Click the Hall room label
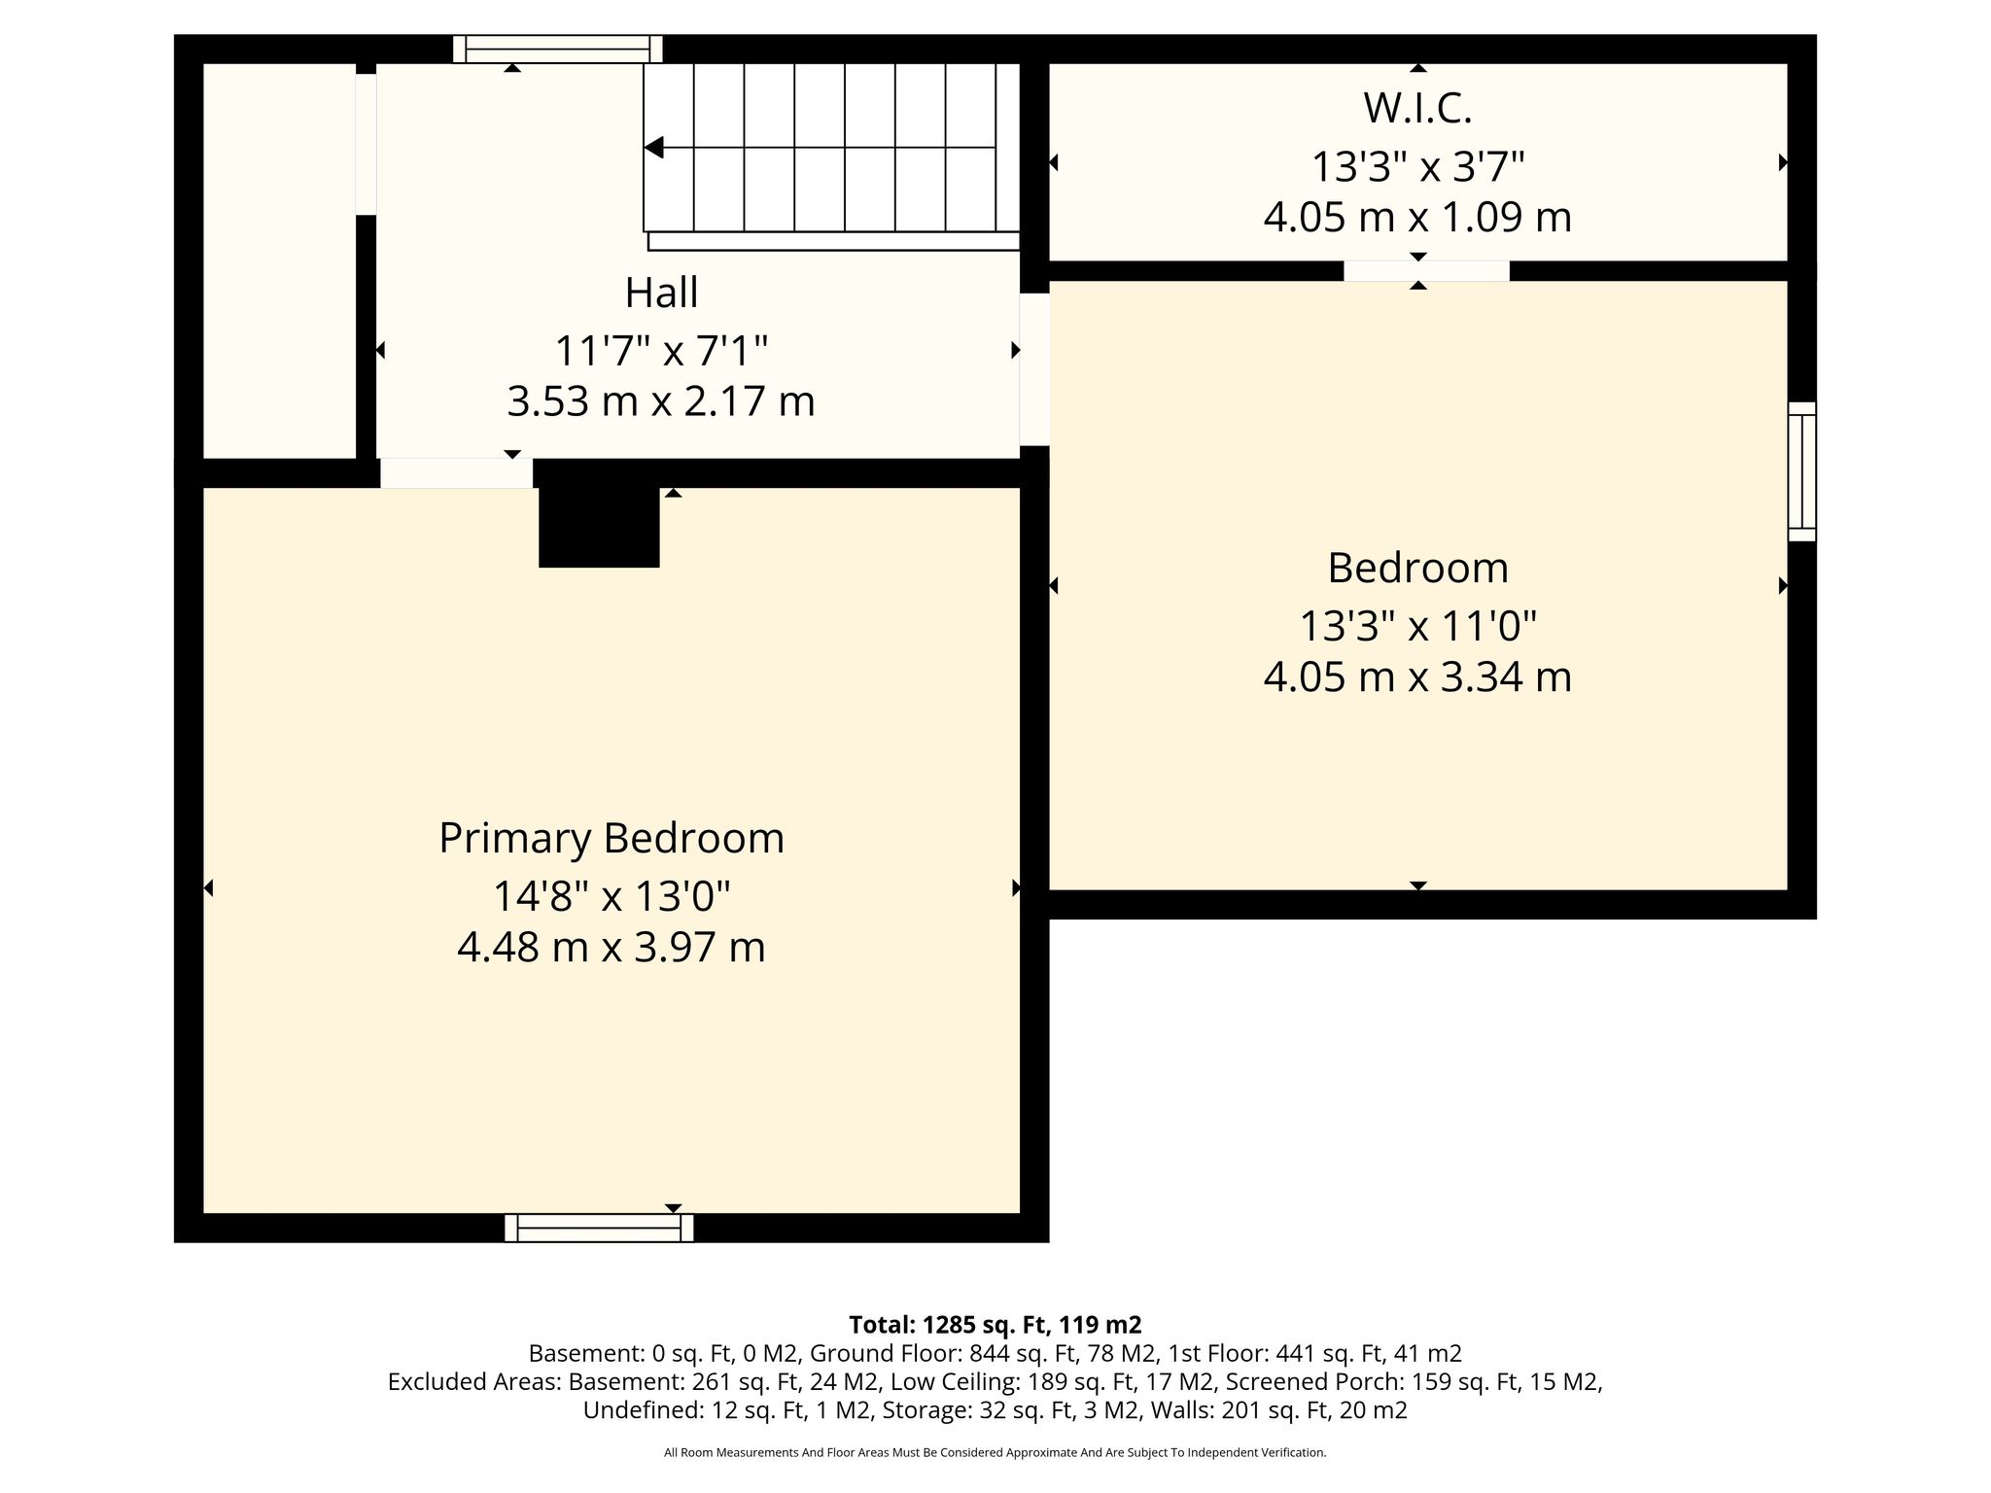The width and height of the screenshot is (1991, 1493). click(x=661, y=293)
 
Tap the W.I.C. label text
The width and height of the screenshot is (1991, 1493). click(x=1417, y=108)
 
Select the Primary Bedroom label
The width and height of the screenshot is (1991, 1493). click(x=611, y=839)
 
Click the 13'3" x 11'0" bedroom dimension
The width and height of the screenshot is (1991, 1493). click(x=1418, y=626)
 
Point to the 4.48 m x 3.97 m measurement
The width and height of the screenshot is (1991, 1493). click(x=611, y=947)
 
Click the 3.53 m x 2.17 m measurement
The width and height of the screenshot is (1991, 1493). click(x=661, y=400)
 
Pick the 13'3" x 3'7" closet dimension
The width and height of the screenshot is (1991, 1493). click(x=1418, y=166)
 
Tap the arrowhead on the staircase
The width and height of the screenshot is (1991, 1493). click(x=653, y=148)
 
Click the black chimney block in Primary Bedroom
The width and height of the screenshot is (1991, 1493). click(x=600, y=526)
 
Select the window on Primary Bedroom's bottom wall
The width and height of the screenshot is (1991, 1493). click(x=599, y=1228)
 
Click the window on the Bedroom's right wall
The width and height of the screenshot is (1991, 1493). click(x=1802, y=471)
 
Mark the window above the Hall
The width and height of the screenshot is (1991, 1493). click(x=558, y=49)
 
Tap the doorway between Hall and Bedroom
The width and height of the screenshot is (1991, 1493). click(x=1034, y=369)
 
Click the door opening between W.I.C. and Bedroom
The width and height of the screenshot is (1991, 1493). click(x=1427, y=271)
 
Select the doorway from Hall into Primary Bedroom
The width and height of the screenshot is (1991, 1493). click(x=456, y=472)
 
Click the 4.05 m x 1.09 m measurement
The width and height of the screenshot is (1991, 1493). click(x=1418, y=217)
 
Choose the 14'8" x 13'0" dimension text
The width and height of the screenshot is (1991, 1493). click(x=611, y=896)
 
